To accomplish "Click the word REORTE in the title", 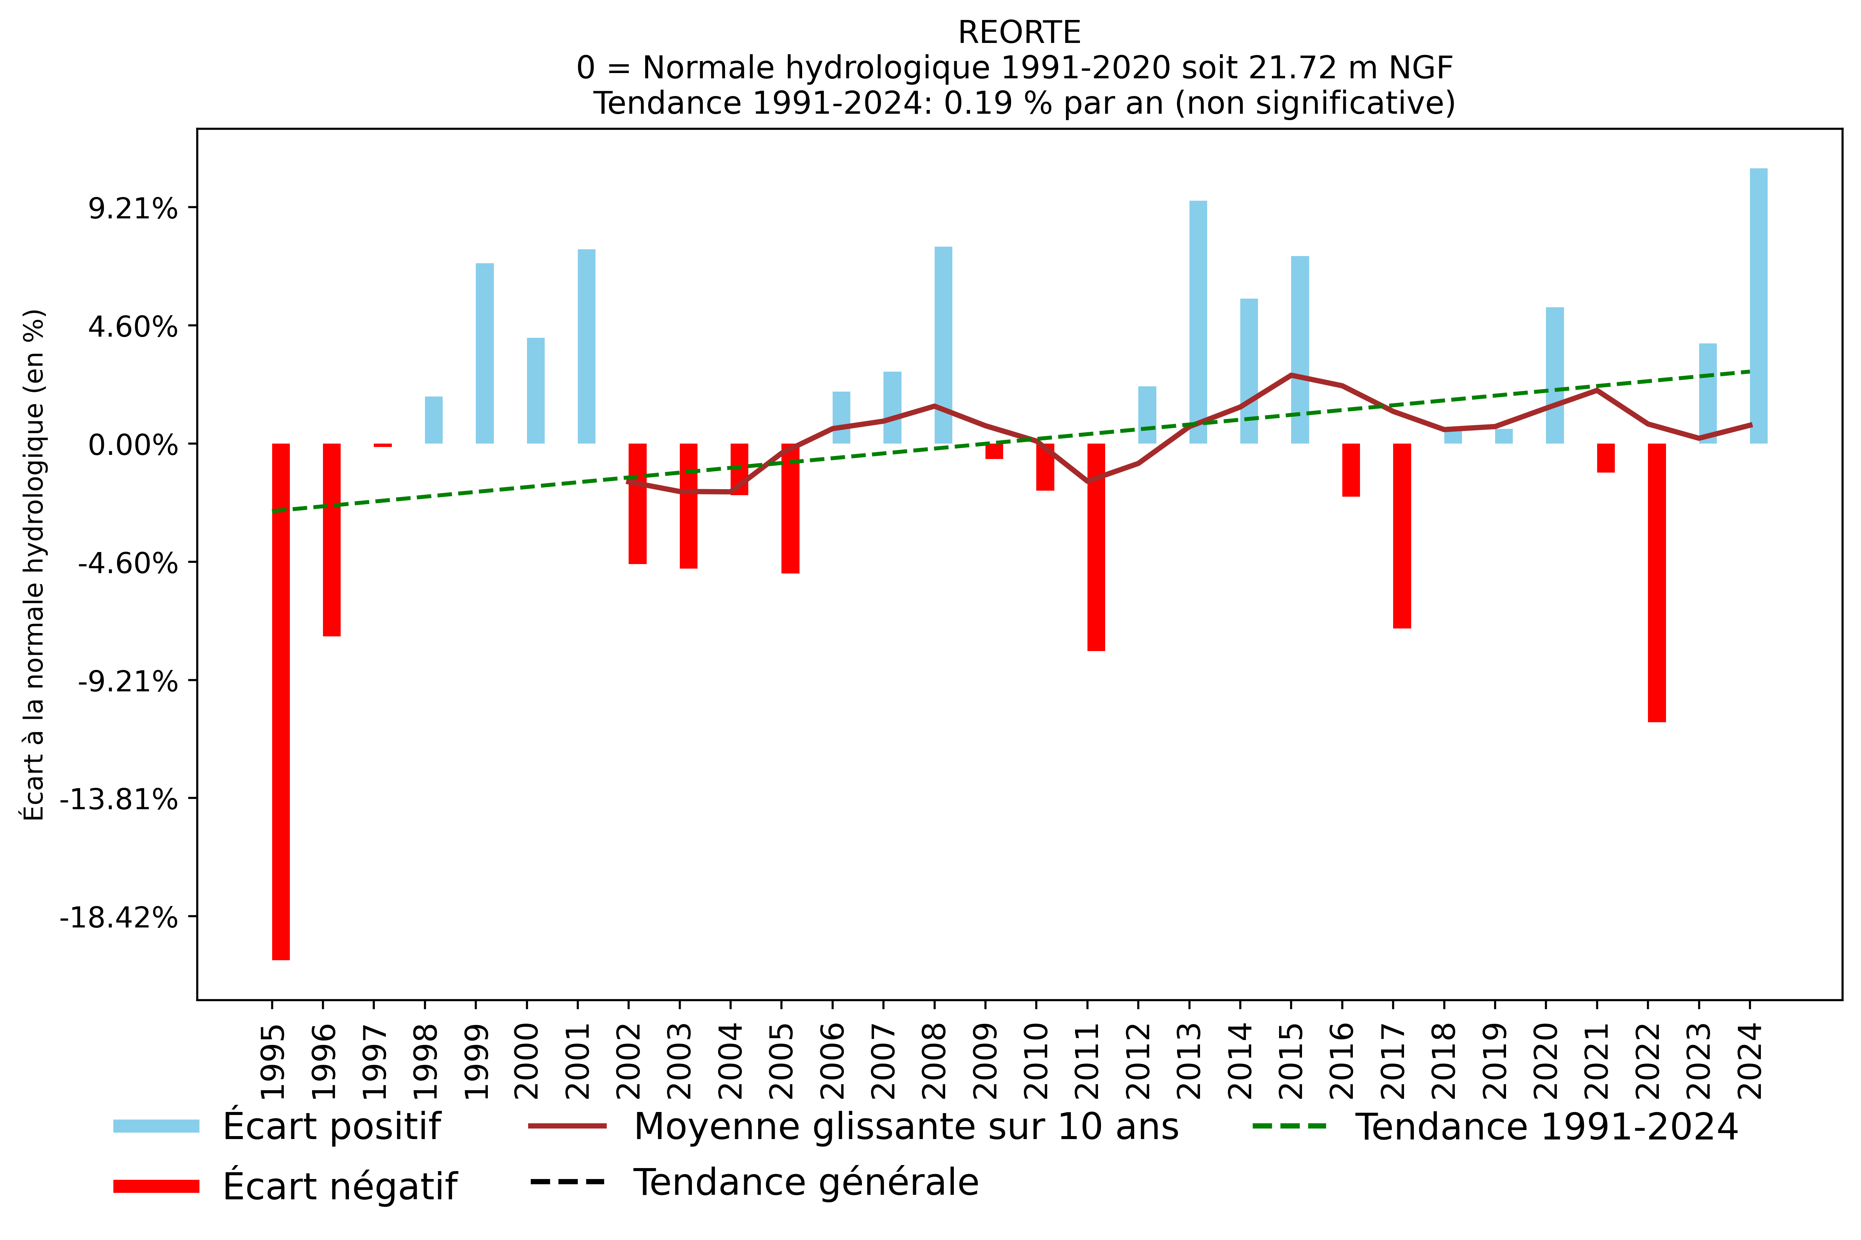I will [x=1019, y=32].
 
